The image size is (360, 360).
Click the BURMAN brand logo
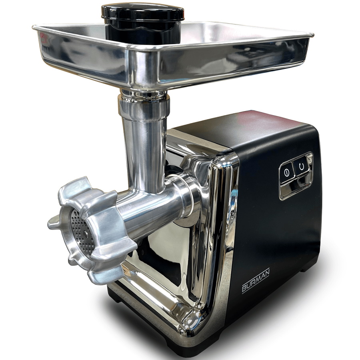[256, 280]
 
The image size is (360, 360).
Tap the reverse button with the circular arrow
[301, 166]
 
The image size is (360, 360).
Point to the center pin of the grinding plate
[86, 233]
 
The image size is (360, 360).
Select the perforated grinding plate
[82, 232]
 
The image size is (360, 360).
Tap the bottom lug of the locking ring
[104, 275]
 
